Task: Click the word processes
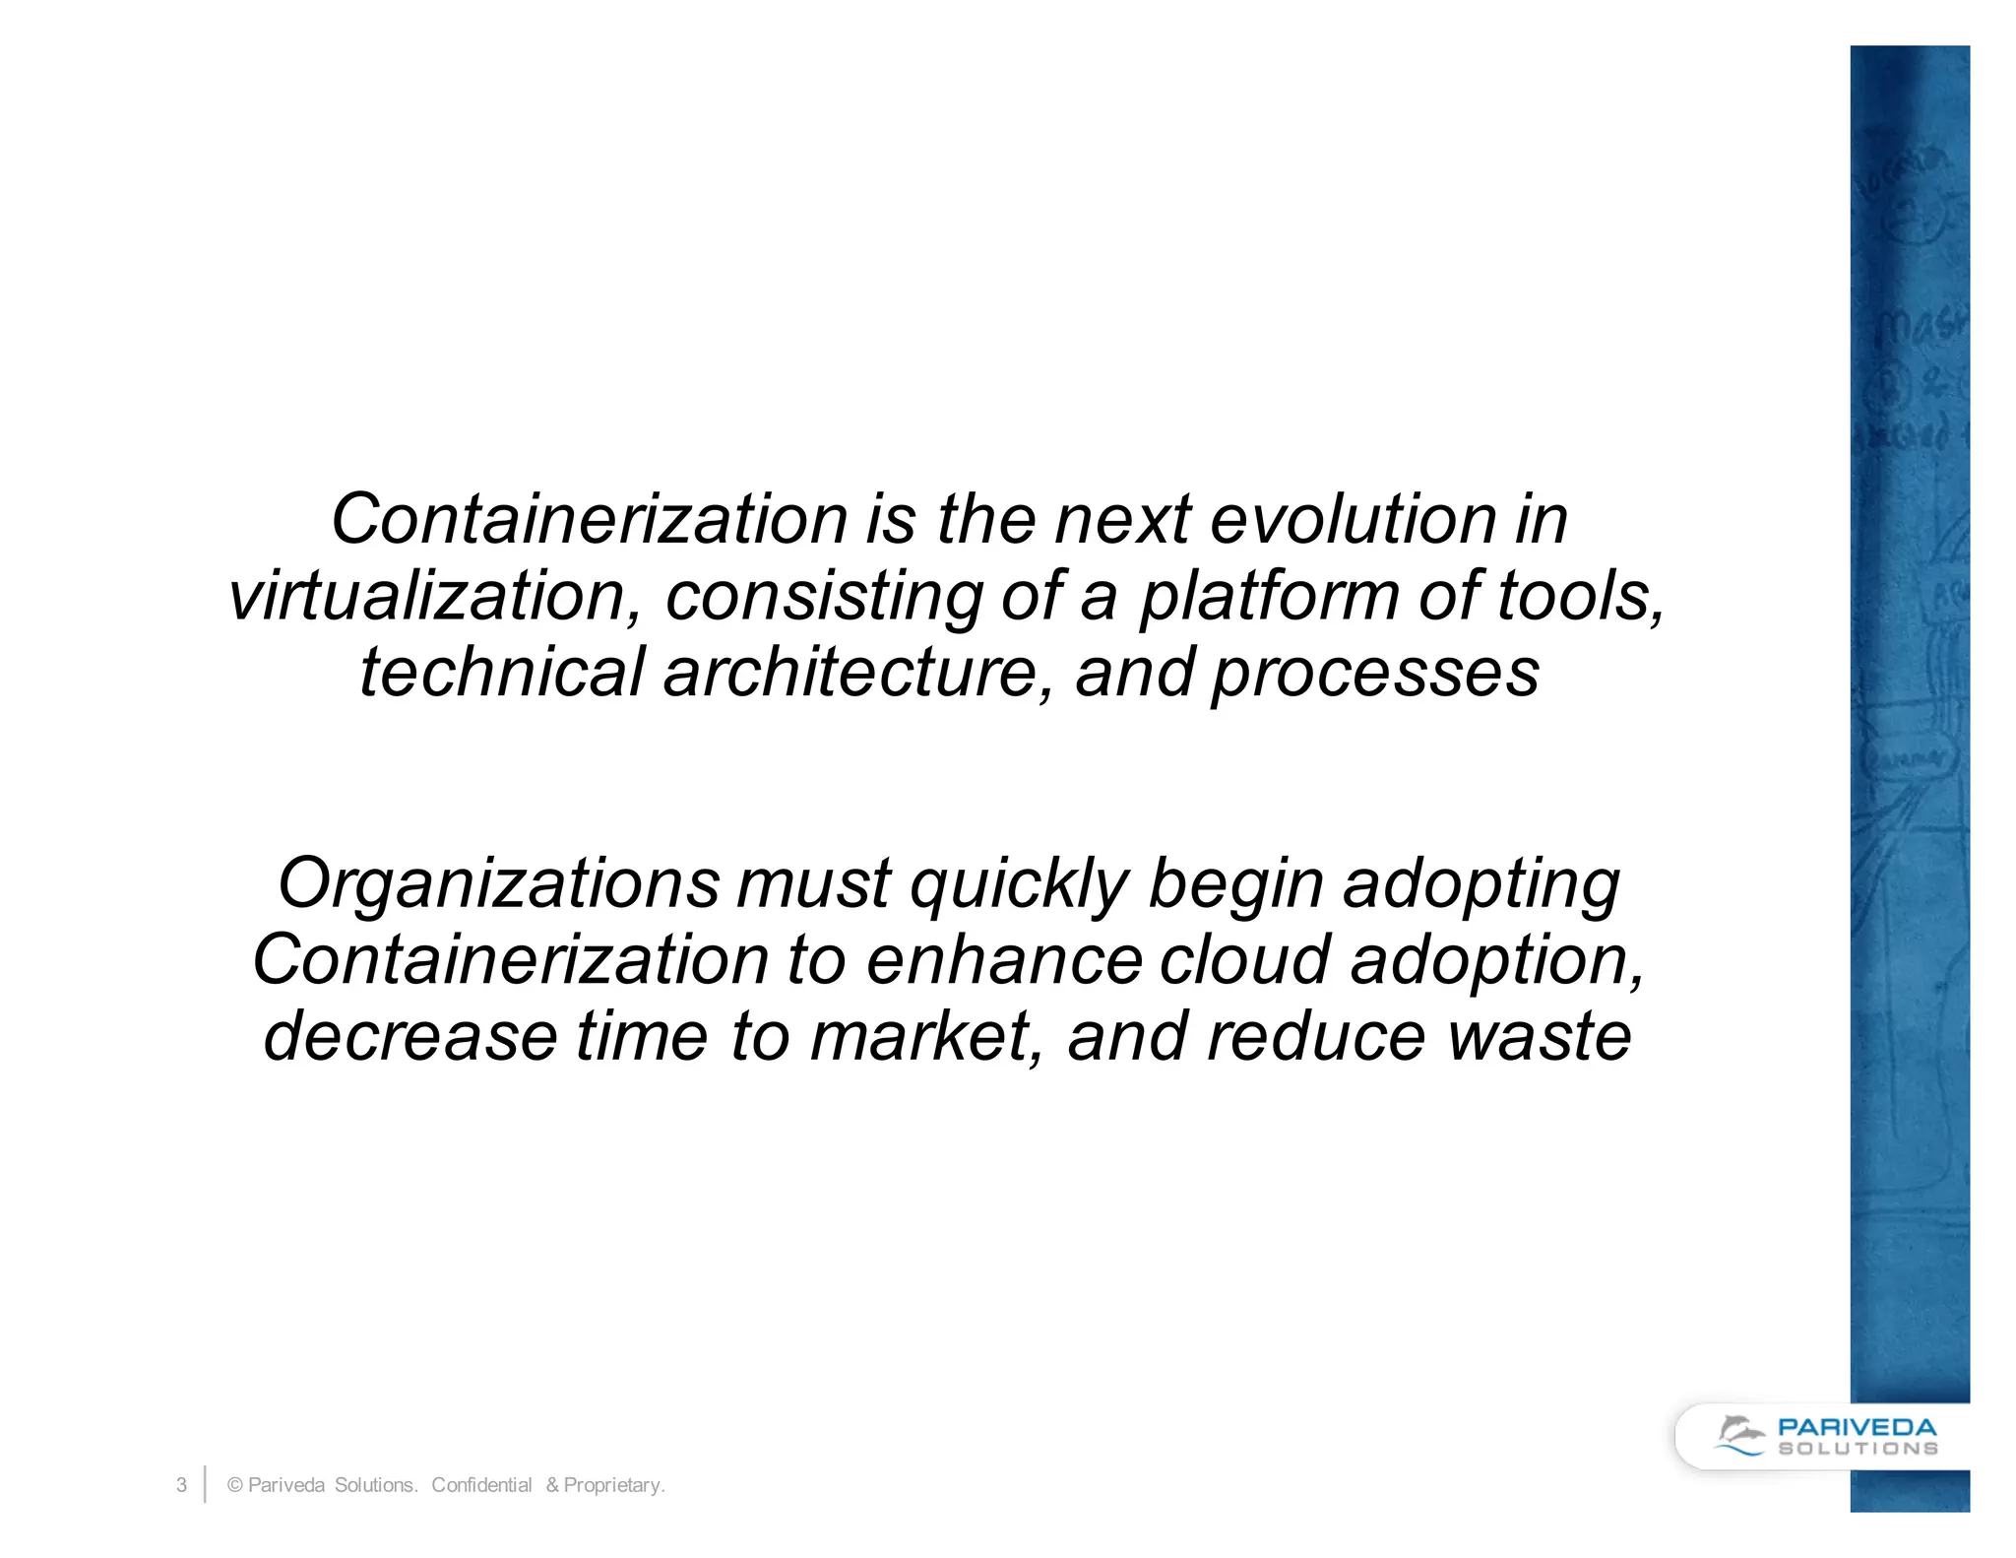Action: pos(1375,675)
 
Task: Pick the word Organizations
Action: pos(498,883)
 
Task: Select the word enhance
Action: pos(1003,959)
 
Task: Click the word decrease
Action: pos(410,1036)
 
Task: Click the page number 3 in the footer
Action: pos(181,1485)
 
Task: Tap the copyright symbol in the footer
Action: pos(235,1485)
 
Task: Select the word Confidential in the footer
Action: pos(481,1485)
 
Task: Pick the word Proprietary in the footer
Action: pos(612,1485)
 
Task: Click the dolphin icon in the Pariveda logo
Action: pos(1739,1435)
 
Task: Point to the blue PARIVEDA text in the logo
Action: pos(1857,1427)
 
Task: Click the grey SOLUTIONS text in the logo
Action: pos(1857,1449)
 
